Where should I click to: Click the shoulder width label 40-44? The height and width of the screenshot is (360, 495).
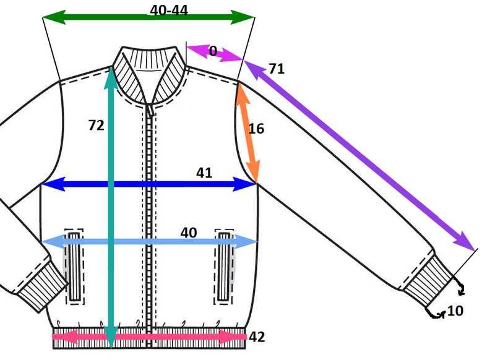tap(169, 10)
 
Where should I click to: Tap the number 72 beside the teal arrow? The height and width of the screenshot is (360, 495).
tap(96, 126)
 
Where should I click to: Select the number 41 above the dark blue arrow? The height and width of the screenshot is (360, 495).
tap(204, 173)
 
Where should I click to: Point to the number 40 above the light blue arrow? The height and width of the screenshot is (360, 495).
tap(189, 233)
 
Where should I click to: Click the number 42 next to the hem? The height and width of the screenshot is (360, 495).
tap(257, 337)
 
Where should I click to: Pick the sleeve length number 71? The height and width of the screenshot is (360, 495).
tap(277, 69)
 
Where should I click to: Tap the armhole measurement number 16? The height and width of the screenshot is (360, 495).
tap(256, 129)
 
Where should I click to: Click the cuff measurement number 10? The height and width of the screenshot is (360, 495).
tap(455, 311)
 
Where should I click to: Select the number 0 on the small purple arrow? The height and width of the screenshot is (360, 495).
tap(213, 51)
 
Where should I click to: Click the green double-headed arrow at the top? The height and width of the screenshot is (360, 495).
tap(148, 17)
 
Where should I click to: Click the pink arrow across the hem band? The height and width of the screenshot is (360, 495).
tap(149, 336)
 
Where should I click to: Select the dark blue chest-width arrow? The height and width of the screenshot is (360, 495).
tap(148, 184)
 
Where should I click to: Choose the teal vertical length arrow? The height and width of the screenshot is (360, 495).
tap(111, 207)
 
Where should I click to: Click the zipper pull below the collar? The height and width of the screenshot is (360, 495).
tap(150, 110)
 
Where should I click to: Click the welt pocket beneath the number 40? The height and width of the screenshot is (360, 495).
tap(225, 267)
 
